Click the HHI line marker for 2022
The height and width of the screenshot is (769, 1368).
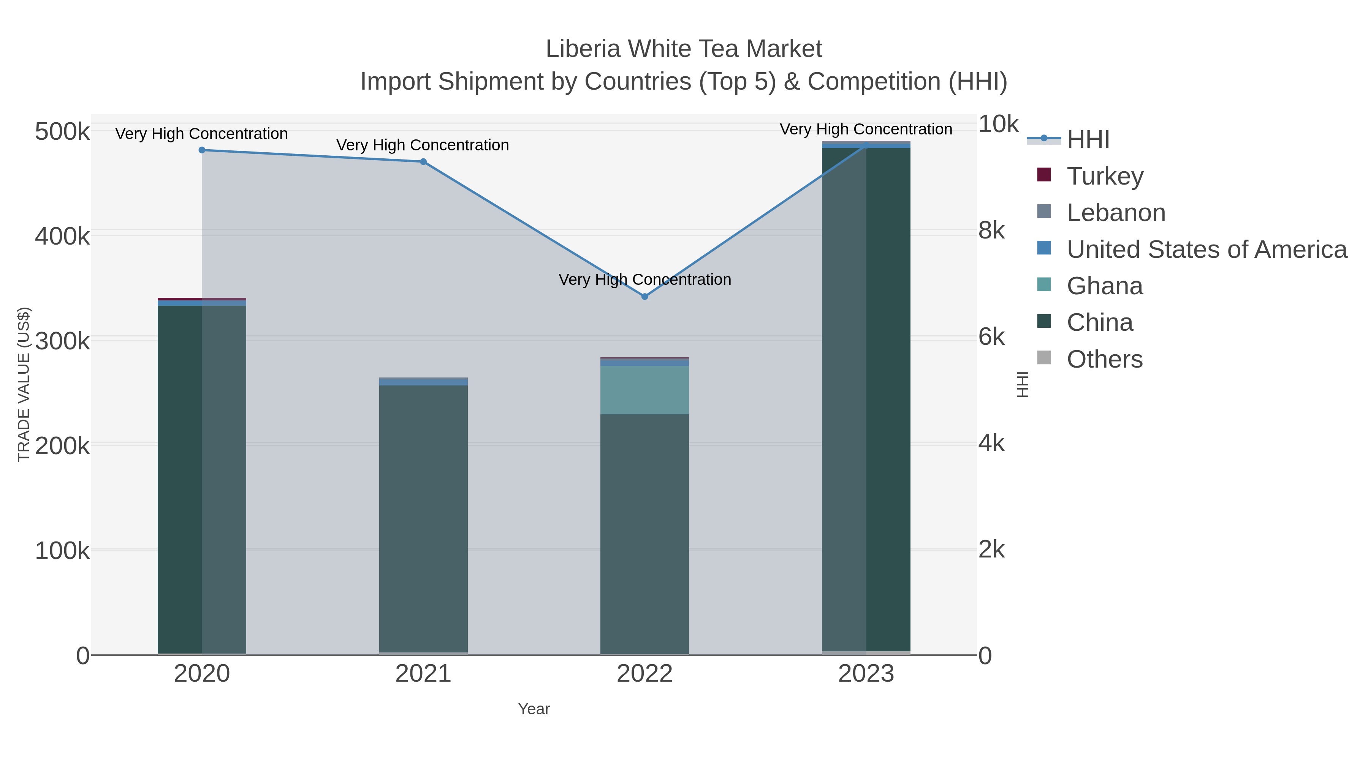645,297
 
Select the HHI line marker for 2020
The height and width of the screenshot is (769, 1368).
202,150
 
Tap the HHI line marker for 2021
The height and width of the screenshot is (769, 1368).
423,162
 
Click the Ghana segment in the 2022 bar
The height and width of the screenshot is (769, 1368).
645,390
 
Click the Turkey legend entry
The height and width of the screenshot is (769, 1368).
1105,176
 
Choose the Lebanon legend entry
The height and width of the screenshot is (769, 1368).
1115,213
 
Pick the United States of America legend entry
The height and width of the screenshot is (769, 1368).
1205,249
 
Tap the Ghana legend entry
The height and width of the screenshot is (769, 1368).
1105,286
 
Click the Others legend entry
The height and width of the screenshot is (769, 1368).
1105,359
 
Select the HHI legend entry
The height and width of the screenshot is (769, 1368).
1088,140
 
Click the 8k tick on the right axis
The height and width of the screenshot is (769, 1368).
991,231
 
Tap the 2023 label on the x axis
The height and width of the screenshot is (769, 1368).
866,674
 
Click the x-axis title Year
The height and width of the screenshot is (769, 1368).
534,709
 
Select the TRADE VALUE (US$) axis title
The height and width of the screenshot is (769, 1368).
24,384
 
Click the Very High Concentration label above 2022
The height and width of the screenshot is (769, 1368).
645,279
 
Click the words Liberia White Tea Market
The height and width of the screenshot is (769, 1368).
684,49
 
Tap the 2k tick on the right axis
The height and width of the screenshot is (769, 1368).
991,550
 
